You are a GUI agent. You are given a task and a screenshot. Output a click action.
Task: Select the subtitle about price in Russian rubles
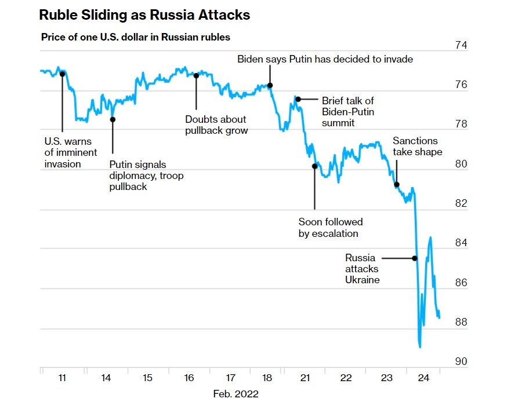point(136,37)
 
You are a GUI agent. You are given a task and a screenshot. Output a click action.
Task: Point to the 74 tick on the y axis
point(461,45)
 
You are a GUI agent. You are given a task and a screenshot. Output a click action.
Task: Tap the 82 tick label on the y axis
point(461,203)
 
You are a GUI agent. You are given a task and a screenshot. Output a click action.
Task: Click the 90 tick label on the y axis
point(461,361)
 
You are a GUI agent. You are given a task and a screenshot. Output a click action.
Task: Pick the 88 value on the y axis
point(461,322)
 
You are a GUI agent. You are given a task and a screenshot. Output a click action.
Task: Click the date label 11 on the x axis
point(62,378)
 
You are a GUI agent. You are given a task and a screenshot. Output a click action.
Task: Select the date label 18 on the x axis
point(267,378)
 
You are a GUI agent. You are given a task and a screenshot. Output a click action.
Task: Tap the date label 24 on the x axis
point(423,378)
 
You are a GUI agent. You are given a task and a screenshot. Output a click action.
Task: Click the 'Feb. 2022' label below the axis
point(235,393)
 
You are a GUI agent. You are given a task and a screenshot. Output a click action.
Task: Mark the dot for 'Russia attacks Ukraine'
point(415,258)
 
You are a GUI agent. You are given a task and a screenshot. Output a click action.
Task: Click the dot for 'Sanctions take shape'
point(397,185)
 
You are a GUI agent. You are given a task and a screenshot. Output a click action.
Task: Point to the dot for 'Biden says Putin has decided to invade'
point(270,85)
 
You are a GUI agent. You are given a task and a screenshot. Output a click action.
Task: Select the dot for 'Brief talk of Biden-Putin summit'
point(298,99)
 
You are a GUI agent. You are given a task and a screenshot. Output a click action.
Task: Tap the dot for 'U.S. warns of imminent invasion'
point(62,74)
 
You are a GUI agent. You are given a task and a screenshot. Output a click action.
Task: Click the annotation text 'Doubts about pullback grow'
point(216,125)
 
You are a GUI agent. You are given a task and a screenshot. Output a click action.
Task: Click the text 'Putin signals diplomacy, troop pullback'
point(146,176)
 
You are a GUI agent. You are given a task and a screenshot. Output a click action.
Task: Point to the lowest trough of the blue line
point(419,346)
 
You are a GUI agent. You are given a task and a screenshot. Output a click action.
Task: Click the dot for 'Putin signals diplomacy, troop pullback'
point(113,119)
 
